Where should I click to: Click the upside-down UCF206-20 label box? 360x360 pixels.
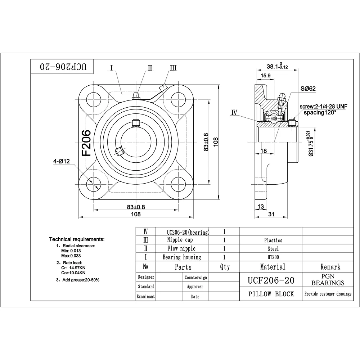click(x=62, y=67)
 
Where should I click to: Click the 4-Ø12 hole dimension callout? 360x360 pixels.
click(x=61, y=161)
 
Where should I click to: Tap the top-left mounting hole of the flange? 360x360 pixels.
click(x=94, y=100)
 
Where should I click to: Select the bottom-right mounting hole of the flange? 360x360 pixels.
click(x=178, y=184)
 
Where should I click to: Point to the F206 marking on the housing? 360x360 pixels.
click(x=86, y=143)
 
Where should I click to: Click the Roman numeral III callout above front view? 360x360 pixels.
click(x=174, y=68)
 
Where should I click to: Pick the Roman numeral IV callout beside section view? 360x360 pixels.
click(x=234, y=112)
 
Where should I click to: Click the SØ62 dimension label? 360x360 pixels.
click(x=308, y=89)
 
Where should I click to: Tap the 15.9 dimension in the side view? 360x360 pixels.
click(x=266, y=76)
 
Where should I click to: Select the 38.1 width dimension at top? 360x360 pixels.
click(x=277, y=66)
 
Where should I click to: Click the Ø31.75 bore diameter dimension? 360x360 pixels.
click(x=311, y=143)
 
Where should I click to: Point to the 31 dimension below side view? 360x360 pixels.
click(x=271, y=214)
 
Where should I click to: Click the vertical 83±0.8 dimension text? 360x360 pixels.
click(x=206, y=142)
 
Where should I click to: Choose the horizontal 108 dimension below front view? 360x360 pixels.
click(x=136, y=214)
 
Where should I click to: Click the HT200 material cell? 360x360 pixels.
click(x=273, y=257)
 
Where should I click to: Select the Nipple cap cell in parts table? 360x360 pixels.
click(x=180, y=240)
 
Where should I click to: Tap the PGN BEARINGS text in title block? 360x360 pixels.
click(x=328, y=279)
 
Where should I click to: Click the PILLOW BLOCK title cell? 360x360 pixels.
click(x=271, y=294)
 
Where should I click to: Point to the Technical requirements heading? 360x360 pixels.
click(x=77, y=239)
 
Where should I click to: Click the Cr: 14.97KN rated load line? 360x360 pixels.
click(x=73, y=268)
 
